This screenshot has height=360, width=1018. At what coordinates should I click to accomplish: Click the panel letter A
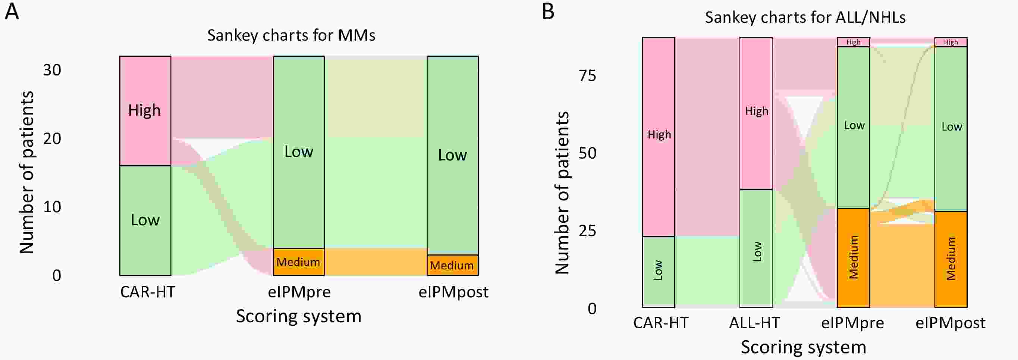[12, 12]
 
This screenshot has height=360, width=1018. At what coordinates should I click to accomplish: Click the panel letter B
[548, 12]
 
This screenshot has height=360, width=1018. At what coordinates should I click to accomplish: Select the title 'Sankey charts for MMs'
[291, 35]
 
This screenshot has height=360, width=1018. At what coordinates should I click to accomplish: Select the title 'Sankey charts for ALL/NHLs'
[805, 18]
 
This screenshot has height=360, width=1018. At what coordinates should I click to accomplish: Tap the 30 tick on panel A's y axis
[52, 71]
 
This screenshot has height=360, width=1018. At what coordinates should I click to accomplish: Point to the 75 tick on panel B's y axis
[587, 76]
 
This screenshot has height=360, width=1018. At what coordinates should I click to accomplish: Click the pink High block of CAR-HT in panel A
[145, 111]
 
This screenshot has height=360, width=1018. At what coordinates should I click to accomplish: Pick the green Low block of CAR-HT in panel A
[145, 220]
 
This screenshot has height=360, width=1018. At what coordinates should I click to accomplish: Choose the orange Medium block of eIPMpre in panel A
[299, 262]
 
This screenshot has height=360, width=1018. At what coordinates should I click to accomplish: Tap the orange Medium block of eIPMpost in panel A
[452, 265]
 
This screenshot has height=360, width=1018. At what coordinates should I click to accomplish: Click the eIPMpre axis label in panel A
[299, 292]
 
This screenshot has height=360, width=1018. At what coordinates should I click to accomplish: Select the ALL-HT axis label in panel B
[754, 323]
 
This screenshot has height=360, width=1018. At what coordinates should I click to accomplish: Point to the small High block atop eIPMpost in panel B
[951, 42]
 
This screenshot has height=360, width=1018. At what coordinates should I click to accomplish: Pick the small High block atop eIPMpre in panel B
[853, 42]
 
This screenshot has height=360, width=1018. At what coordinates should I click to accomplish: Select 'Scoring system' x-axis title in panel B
[804, 347]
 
